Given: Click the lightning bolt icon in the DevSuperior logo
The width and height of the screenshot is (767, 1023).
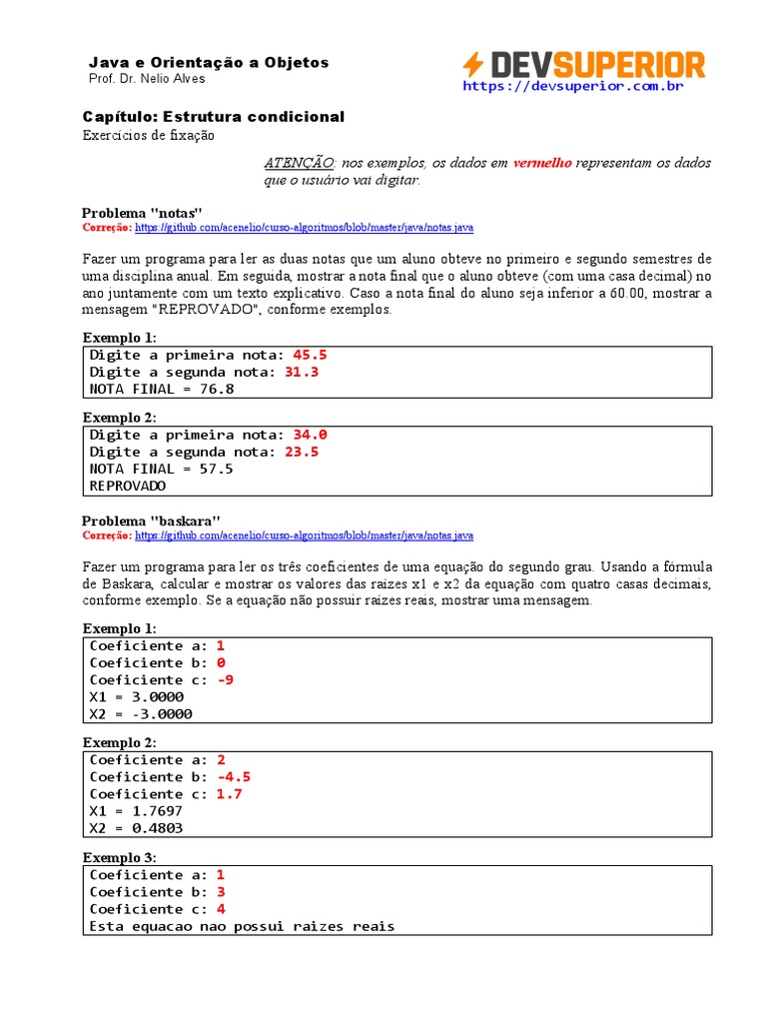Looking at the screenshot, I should pos(472,65).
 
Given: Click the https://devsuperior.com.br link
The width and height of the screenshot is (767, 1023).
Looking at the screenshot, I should pos(572,87).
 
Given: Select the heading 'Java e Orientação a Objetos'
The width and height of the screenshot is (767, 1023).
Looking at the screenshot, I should pos(209,62).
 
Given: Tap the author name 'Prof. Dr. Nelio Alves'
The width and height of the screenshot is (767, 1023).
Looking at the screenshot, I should pos(148,80).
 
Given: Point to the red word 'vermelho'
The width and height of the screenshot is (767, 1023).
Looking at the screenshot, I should pos(542,163).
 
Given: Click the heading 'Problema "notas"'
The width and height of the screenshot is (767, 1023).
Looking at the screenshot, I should pos(142,213).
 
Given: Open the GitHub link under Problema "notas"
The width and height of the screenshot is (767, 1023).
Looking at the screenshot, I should pos(304,228).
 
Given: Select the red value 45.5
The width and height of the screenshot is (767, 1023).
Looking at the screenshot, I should pos(310,355).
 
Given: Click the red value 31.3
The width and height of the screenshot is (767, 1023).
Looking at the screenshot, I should pos(302,372).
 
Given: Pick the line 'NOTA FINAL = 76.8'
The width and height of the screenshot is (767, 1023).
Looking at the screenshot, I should pos(162,389).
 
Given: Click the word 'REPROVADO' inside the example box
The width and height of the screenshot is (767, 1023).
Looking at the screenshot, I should pos(128,486).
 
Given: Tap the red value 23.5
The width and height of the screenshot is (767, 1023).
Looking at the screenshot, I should pos(302,452).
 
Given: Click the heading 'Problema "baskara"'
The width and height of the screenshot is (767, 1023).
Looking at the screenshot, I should pos(151,520).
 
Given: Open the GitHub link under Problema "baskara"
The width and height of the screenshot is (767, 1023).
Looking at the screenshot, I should pos(304,535).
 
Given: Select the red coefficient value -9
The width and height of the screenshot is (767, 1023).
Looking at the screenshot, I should pos(225,679).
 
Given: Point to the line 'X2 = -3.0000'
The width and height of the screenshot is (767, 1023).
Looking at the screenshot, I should pos(141,713).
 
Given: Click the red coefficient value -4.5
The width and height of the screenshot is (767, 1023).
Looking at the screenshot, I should pos(233,776).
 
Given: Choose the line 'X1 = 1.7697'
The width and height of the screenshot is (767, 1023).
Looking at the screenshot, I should pos(136,810).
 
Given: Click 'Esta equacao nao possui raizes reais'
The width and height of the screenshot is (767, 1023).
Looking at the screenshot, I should pos(242,926).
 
